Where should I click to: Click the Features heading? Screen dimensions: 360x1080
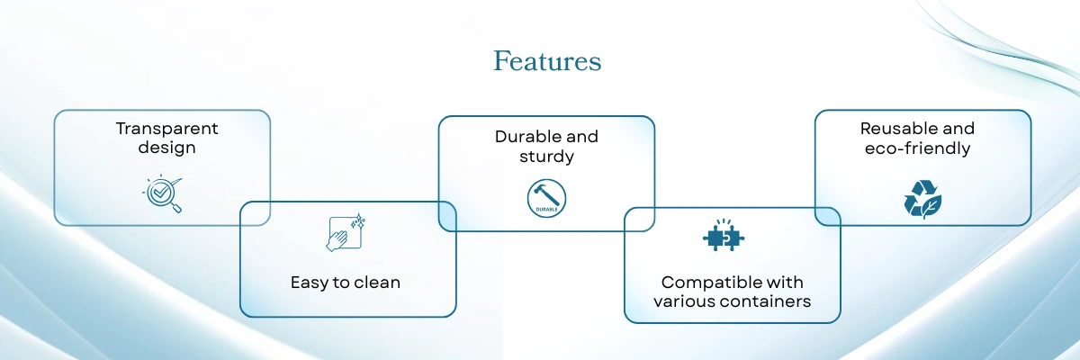point(547,61)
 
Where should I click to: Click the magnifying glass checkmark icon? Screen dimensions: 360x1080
point(163,194)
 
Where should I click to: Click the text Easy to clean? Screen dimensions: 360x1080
point(345,283)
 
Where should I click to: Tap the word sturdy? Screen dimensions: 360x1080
point(546,157)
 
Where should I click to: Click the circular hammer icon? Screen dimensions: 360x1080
point(546,197)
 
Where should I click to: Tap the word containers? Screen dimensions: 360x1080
point(765,301)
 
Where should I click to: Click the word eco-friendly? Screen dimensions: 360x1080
point(922,148)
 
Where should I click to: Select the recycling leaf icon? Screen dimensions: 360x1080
point(922,199)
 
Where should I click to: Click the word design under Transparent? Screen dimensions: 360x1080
point(166,148)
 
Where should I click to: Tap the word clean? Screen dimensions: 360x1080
point(378,283)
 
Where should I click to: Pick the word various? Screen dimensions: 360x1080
point(683,301)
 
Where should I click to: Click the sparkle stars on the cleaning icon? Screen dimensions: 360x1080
point(358,221)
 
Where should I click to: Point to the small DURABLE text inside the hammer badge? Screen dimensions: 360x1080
point(546,208)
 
